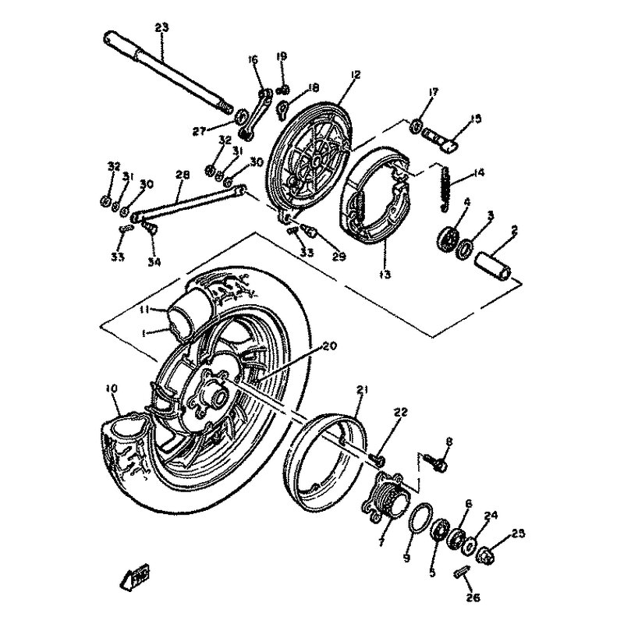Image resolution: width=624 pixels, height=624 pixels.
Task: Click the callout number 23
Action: point(161,27)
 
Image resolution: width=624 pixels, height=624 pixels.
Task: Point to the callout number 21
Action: point(362,390)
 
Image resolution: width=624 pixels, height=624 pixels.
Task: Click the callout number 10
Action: point(112,388)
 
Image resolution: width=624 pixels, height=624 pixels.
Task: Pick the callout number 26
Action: point(473,597)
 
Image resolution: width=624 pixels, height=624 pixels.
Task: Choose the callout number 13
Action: point(385,274)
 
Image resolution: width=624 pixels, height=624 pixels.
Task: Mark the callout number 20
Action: point(330,346)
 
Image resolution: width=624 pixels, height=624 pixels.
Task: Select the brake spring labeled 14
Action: point(445,187)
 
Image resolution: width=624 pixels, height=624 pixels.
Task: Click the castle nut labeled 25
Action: point(486,555)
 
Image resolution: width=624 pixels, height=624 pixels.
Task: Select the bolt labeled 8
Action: point(437,463)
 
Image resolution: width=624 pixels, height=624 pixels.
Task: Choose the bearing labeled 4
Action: point(448,240)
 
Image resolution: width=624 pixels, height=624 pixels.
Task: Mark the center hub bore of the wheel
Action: point(220,396)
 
